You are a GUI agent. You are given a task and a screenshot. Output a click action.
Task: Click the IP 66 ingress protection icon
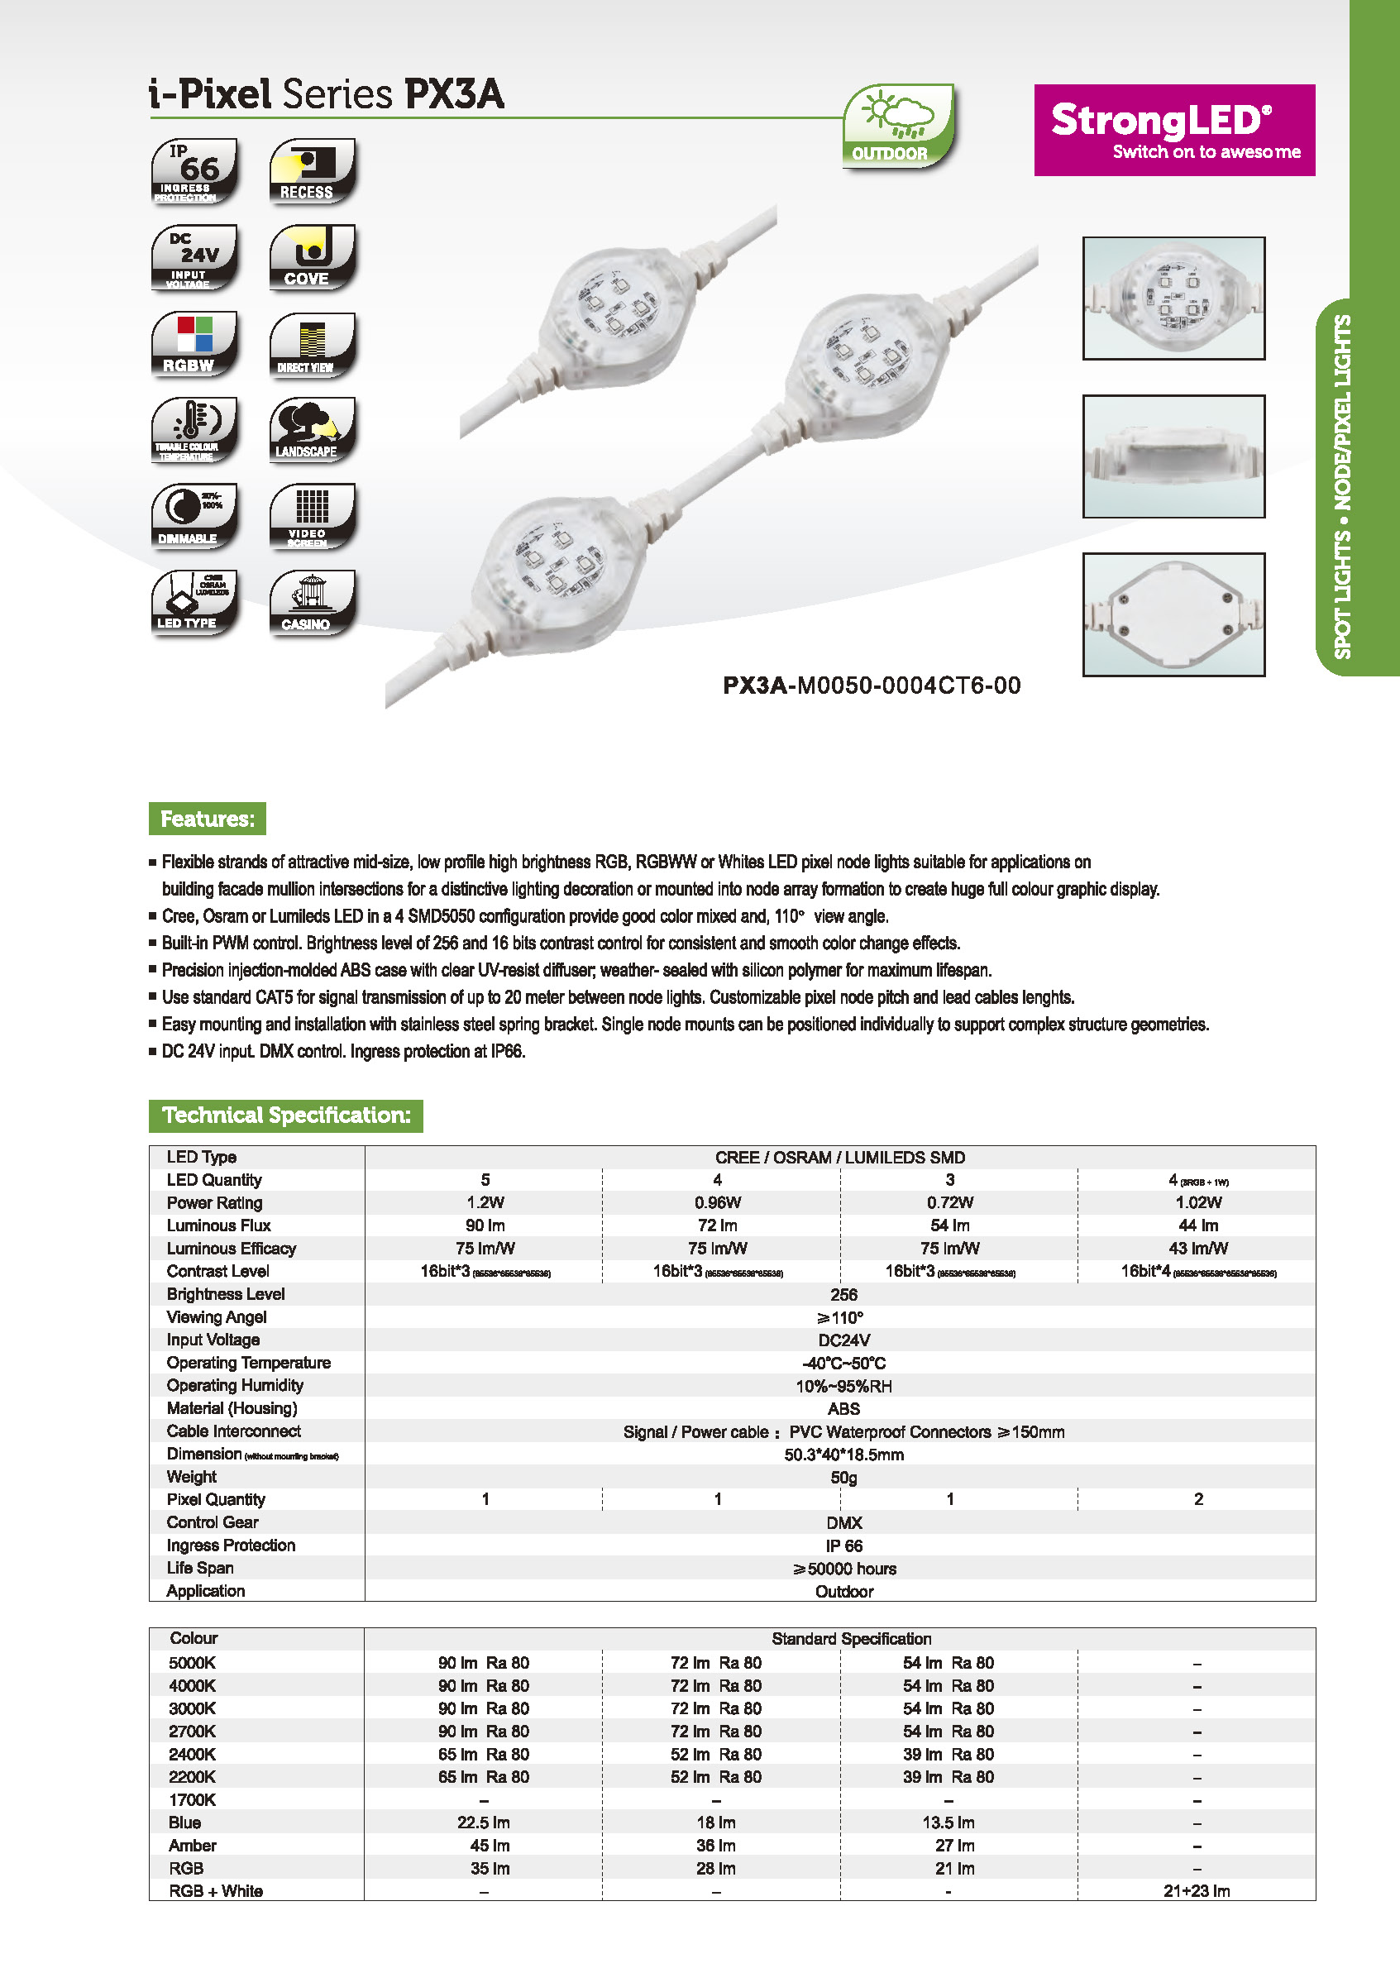click(x=194, y=170)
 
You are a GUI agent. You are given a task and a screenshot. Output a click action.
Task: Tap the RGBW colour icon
click(x=194, y=344)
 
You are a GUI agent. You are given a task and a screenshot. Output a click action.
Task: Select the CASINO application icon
click(x=312, y=603)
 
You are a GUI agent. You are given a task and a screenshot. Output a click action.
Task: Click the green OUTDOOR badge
click(x=897, y=126)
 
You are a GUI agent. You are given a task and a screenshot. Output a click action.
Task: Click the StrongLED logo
click(x=1173, y=130)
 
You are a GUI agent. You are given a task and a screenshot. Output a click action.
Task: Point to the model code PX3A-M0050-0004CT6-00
click(x=871, y=686)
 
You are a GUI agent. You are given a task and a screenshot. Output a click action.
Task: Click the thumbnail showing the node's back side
click(x=1173, y=614)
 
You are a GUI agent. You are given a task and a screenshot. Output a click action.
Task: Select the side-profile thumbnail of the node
click(x=1173, y=456)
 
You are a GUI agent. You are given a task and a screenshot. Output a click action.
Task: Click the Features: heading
click(x=207, y=818)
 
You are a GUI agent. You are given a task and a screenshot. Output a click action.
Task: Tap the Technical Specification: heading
click(x=285, y=1115)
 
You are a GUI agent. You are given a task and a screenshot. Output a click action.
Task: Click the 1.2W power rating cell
click(x=485, y=1202)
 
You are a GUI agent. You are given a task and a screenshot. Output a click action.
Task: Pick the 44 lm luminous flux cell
click(x=1197, y=1225)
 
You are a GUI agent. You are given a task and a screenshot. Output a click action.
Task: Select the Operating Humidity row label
click(x=235, y=1385)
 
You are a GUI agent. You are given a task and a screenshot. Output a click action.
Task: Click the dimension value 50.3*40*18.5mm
click(x=843, y=1454)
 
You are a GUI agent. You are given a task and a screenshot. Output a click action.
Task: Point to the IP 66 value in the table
click(x=843, y=1545)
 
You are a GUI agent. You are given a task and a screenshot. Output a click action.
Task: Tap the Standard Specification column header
click(x=851, y=1639)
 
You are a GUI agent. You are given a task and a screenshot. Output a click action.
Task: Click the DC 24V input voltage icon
click(x=194, y=257)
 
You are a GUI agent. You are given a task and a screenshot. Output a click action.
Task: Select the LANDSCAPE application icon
click(x=312, y=429)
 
